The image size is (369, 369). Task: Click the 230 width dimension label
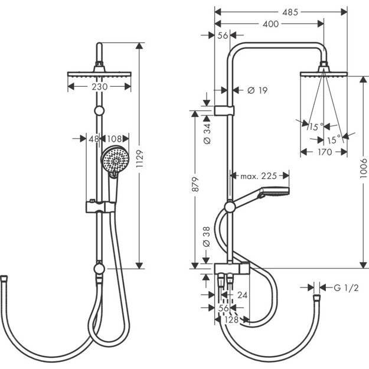100,87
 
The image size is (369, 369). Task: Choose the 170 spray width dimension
323,152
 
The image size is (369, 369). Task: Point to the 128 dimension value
231,319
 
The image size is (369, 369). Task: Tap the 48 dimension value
94,139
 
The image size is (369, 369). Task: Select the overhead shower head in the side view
324,74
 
